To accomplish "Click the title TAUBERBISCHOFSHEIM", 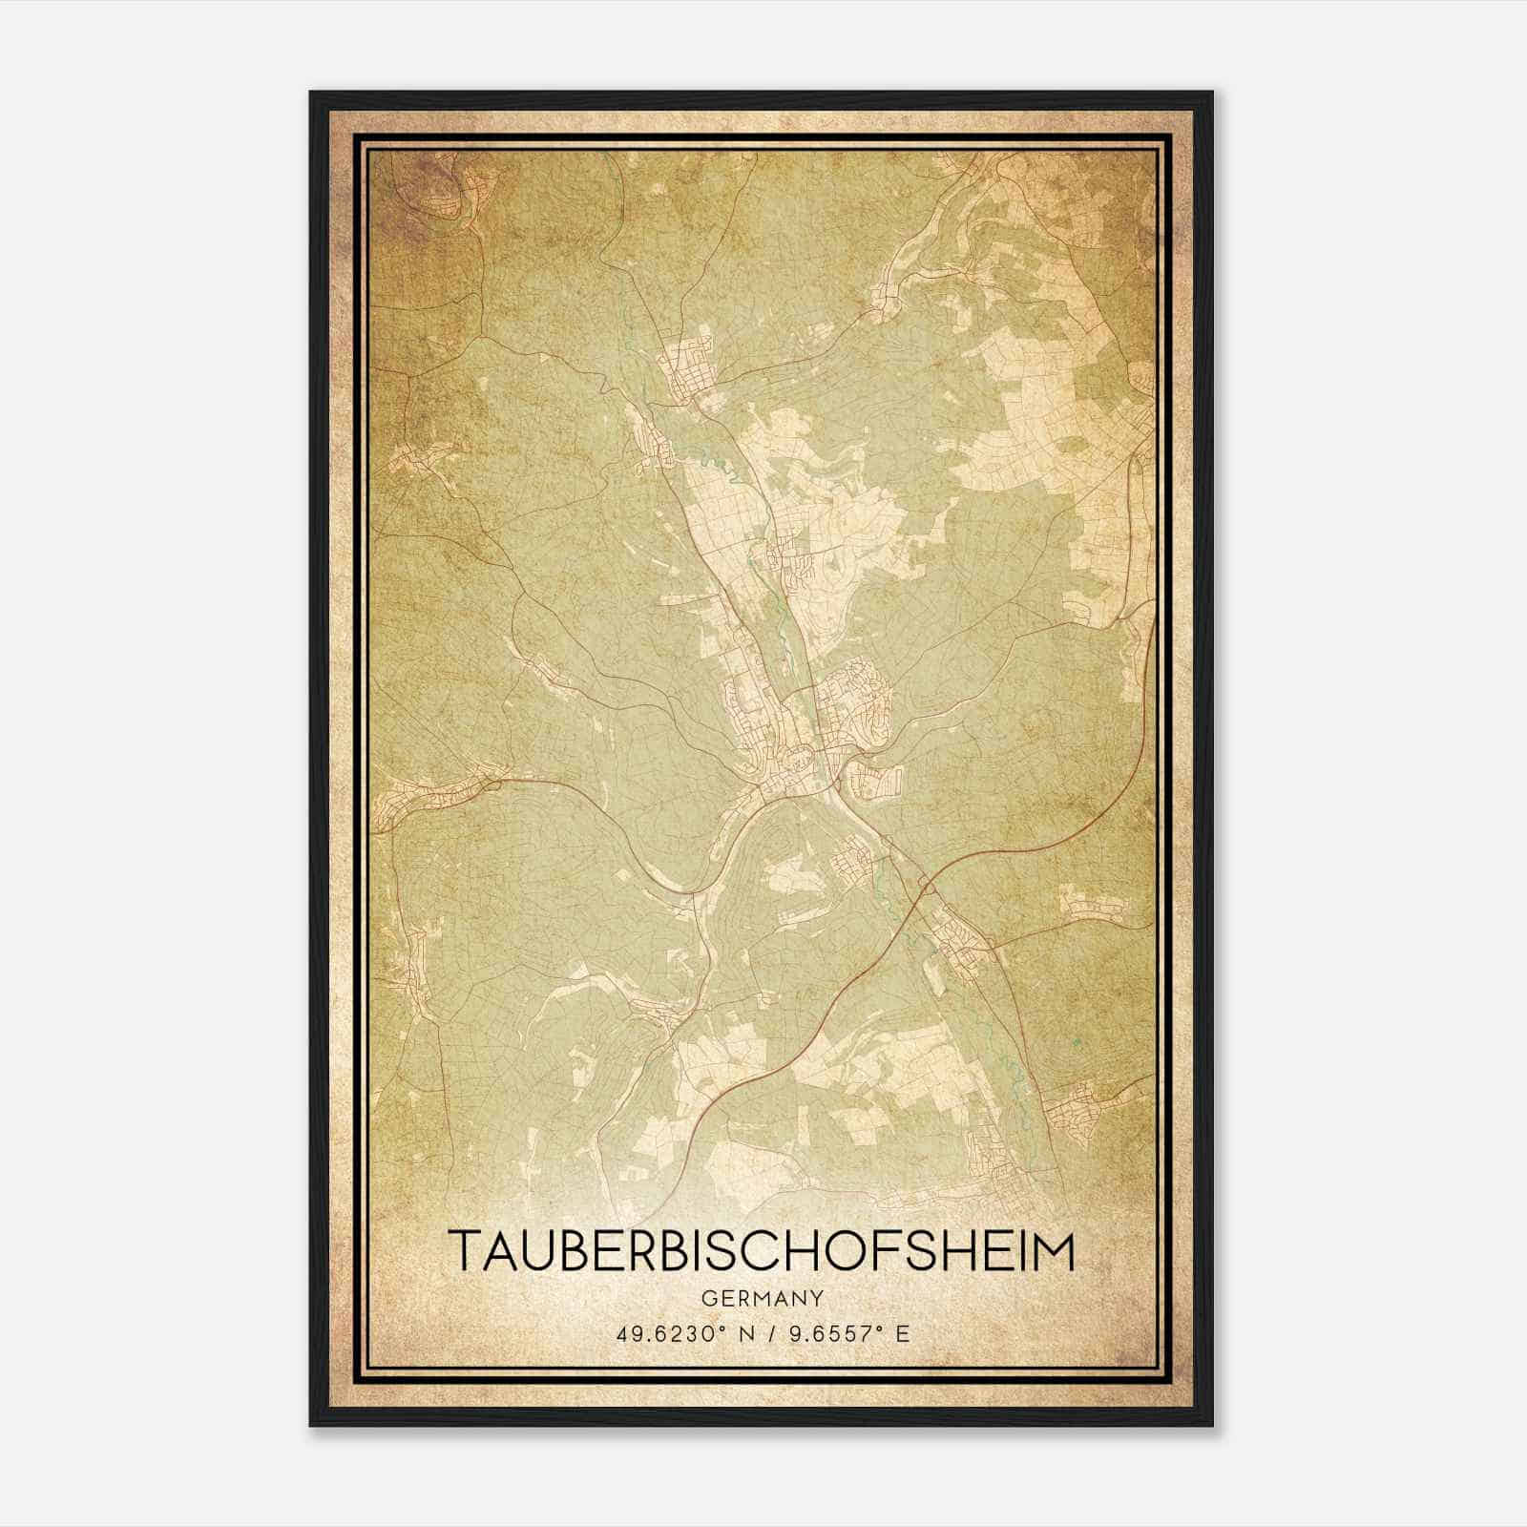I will [763, 1251].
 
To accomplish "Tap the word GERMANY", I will [763, 1298].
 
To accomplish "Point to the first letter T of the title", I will [465, 1251].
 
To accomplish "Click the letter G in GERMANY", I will [707, 1298].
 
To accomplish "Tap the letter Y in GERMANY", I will [818, 1298].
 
